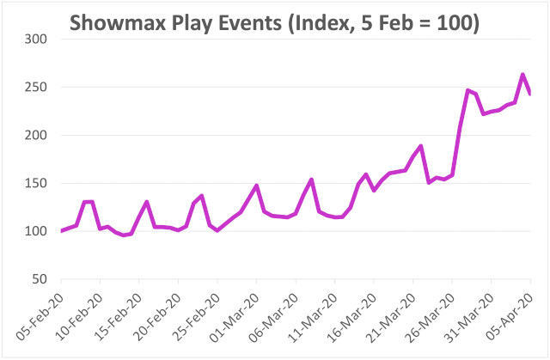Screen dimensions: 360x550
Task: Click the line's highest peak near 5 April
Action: click(x=522, y=75)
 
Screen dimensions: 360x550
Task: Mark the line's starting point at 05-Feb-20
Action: click(x=61, y=231)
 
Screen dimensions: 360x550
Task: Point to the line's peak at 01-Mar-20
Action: click(x=256, y=186)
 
